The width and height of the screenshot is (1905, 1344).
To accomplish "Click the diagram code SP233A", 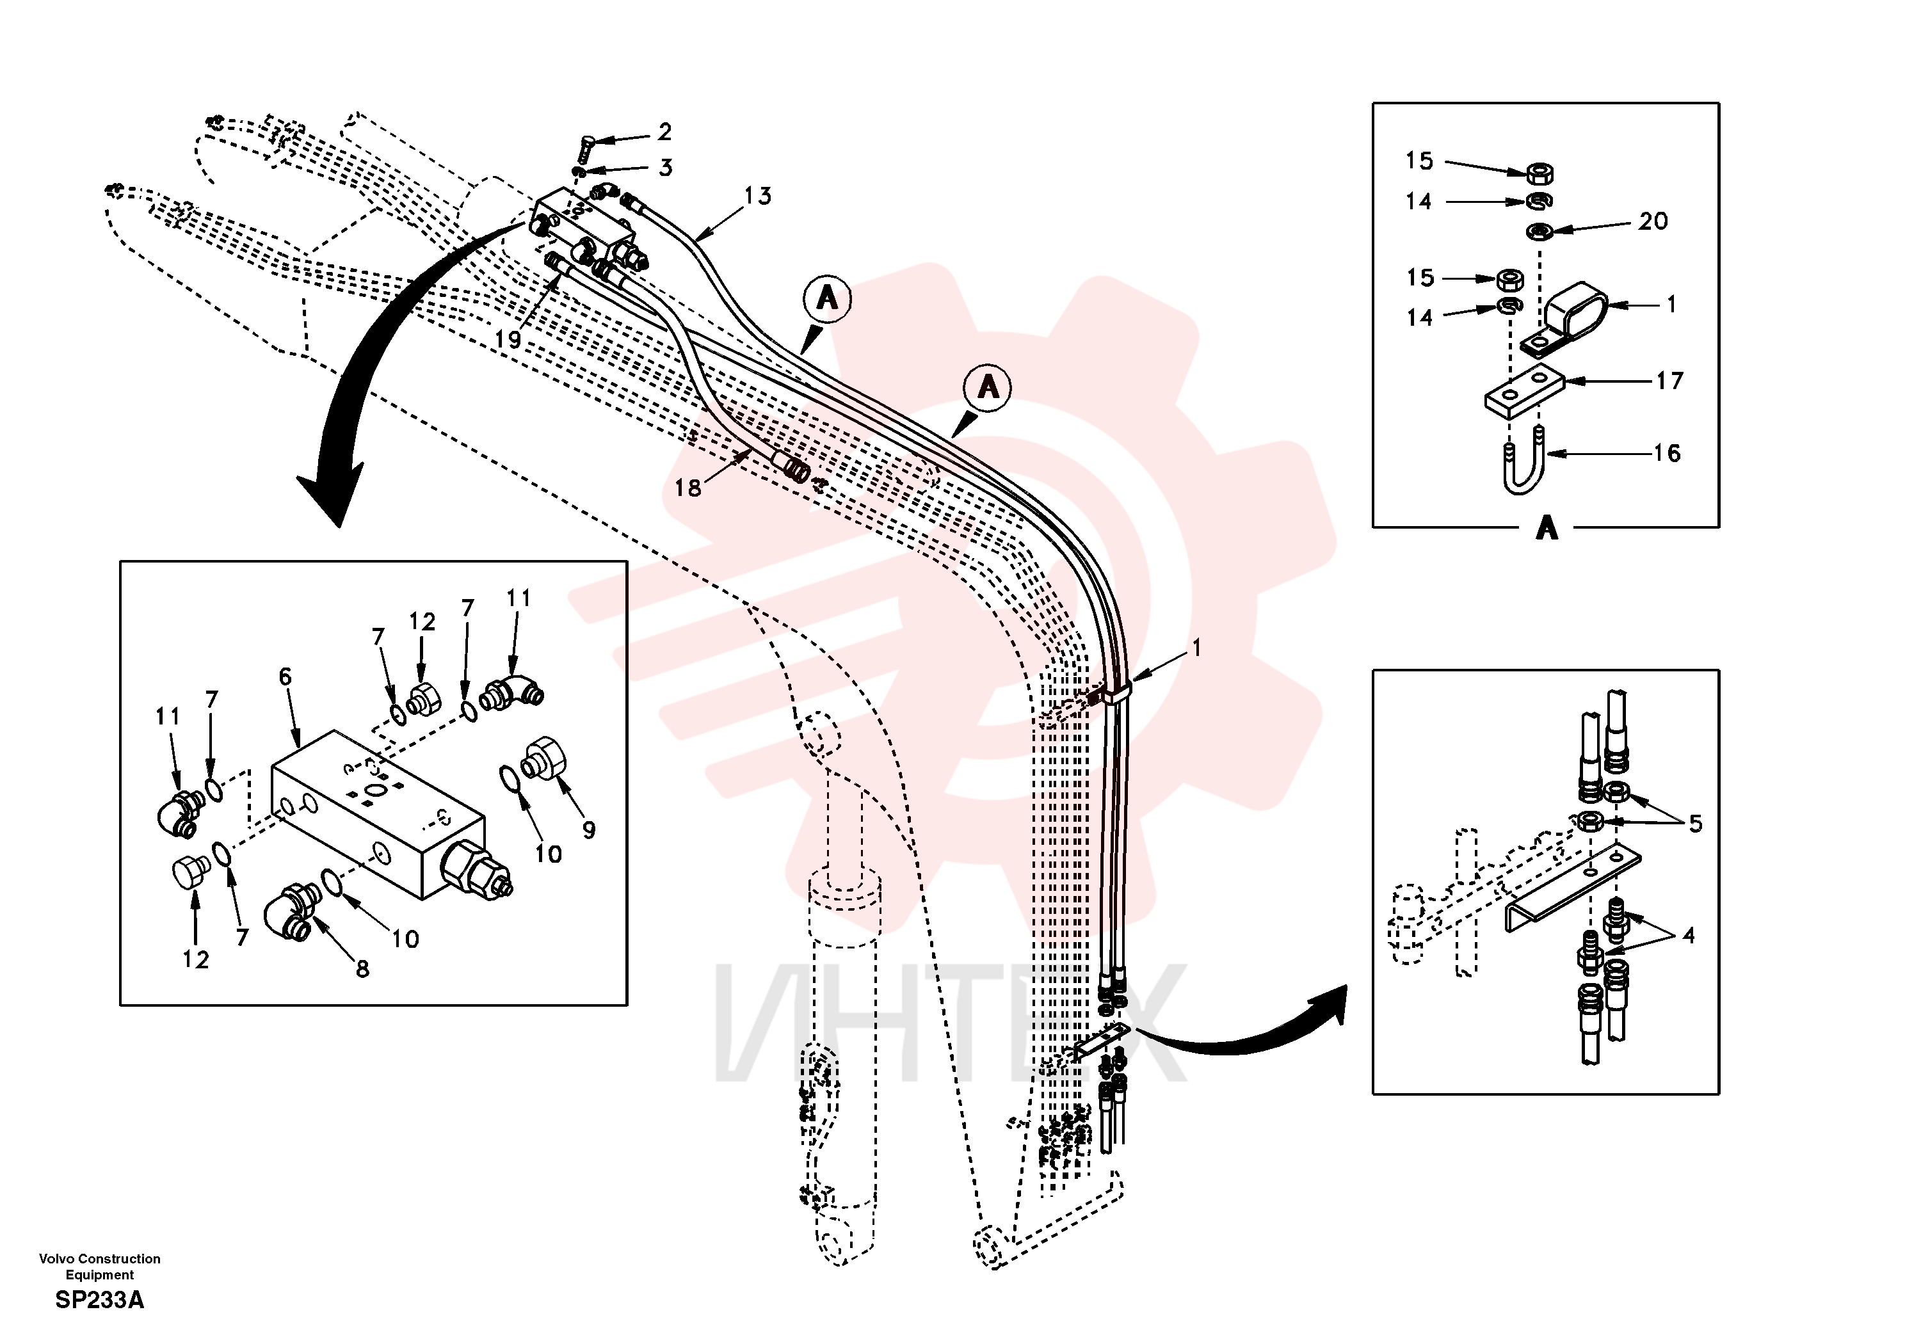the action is click(100, 1300).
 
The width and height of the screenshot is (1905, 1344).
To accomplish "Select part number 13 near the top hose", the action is click(757, 196).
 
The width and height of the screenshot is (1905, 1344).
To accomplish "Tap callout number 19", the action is click(508, 339).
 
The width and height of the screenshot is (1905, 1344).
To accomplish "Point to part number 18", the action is click(688, 488).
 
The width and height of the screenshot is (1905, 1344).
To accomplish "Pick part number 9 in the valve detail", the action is click(588, 829).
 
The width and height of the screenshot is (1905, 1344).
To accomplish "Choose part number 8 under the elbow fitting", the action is click(362, 968).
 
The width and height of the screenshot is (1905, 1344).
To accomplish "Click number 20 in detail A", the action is click(1653, 221).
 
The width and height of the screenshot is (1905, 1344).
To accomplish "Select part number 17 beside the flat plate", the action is click(1669, 381).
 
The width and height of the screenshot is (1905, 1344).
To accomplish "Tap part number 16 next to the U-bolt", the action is click(1667, 453).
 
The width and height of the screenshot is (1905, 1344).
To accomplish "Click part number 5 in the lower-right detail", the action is click(1695, 824).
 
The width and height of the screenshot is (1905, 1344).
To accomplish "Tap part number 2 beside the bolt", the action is click(664, 132).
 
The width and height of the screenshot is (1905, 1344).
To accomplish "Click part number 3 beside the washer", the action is click(666, 168).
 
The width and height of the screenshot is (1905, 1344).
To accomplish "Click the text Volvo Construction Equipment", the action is click(100, 1266).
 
